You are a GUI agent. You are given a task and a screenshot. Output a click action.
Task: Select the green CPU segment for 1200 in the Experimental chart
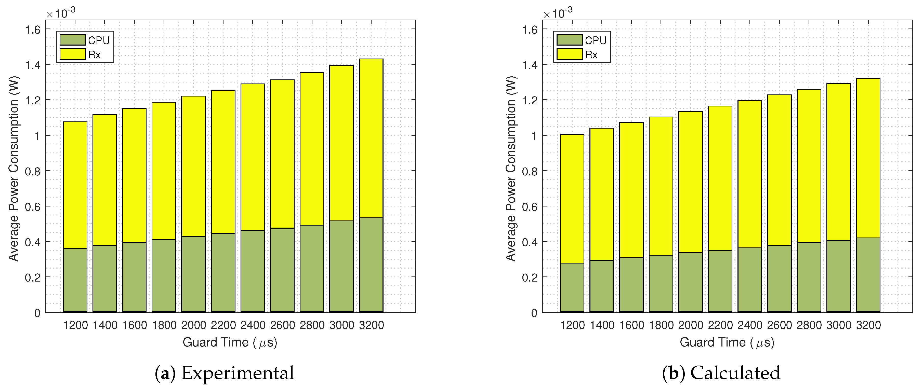click(75, 280)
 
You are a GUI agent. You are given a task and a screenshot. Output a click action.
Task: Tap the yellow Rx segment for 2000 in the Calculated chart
click(690, 182)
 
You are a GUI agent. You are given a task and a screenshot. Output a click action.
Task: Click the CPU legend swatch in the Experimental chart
click(72, 40)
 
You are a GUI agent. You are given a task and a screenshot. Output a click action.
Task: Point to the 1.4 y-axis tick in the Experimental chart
click(33, 65)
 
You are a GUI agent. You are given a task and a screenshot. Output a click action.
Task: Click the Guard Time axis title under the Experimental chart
click(230, 342)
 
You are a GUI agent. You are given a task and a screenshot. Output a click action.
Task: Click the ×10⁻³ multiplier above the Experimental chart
click(61, 13)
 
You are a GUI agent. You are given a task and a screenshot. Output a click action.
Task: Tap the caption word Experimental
click(238, 373)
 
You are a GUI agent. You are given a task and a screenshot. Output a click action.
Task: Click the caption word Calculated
click(735, 373)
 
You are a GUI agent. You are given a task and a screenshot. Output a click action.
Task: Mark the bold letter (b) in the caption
click(673, 373)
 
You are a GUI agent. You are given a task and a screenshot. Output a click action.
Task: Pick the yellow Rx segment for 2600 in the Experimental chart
click(282, 154)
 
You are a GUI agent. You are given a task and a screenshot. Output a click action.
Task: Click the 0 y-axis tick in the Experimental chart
click(37, 313)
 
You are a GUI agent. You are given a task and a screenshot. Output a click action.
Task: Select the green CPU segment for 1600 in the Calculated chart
click(631, 285)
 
